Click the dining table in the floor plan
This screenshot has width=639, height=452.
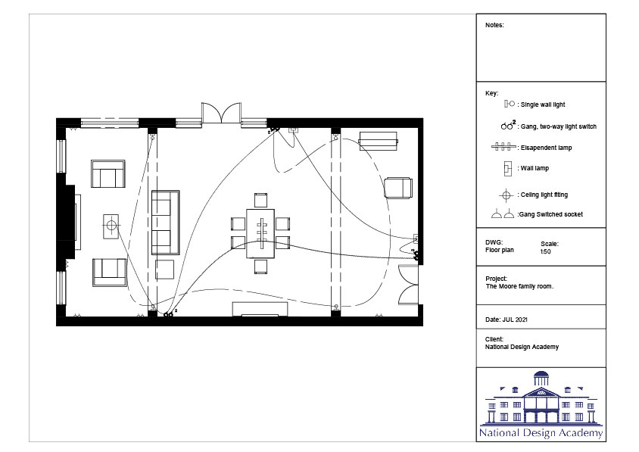click(260, 233)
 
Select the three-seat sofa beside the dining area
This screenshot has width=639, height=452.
click(166, 223)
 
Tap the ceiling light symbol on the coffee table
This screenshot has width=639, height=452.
click(111, 225)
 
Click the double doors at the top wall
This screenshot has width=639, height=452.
click(221, 113)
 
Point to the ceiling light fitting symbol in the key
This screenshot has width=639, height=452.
click(507, 195)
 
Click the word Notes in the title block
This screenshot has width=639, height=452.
click(494, 25)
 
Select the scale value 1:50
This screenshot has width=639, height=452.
click(546, 251)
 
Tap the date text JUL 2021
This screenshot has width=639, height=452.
click(515, 320)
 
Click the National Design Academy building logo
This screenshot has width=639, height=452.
click(541, 404)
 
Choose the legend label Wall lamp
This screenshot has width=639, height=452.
click(535, 168)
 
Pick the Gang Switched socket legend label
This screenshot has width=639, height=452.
click(550, 214)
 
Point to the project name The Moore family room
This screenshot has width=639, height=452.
click(519, 286)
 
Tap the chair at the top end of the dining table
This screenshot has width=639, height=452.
click(260, 200)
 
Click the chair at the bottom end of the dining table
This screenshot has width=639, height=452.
click(260, 267)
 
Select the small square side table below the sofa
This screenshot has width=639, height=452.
click(164, 270)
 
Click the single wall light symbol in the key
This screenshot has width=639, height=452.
click(509, 104)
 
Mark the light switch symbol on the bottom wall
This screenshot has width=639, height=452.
click(168, 314)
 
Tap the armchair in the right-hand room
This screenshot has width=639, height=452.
click(398, 188)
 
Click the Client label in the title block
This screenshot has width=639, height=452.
click(494, 339)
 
